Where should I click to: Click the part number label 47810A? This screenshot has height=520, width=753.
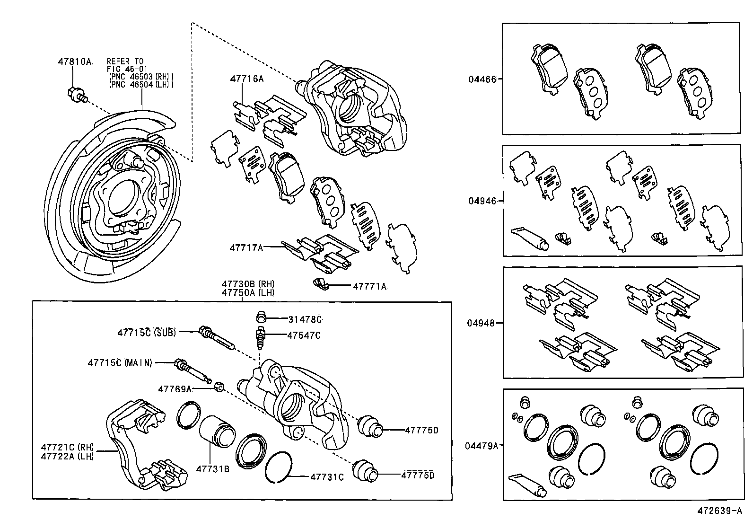pos(74,62)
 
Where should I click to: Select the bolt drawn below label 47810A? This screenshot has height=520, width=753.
pos(76,95)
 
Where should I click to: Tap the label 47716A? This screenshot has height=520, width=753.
pos(246,79)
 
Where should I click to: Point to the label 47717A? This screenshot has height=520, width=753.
pos(246,247)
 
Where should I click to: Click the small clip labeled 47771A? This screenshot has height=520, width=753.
pos(320,284)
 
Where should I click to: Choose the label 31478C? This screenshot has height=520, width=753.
pos(305,319)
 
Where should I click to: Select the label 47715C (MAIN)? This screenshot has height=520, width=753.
pos(120,363)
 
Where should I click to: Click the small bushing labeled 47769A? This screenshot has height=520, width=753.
pos(219,387)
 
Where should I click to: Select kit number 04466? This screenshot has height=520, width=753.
pos(482,79)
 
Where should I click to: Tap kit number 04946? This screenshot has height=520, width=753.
pos(482,201)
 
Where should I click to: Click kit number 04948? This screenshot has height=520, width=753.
pos(482,323)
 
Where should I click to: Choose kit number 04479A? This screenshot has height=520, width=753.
pos(481,445)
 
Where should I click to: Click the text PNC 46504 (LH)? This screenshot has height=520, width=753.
pos(140,84)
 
